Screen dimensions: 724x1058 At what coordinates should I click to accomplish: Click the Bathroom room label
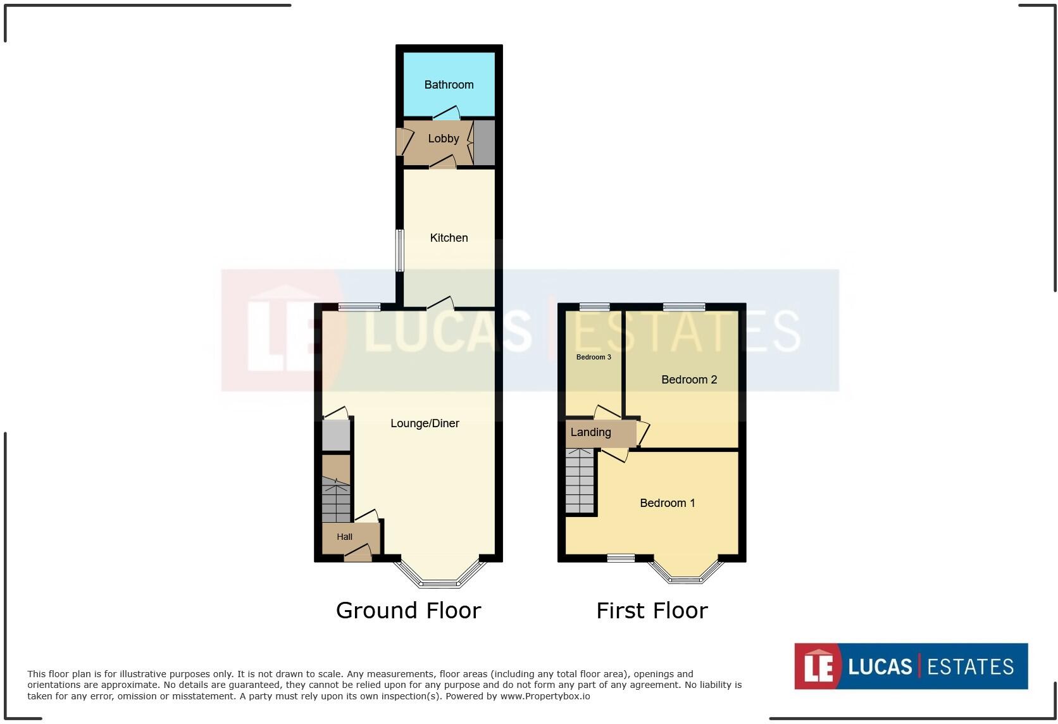[449, 85]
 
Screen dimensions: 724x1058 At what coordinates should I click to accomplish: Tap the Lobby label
[443, 139]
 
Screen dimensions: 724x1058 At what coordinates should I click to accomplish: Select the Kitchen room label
[449, 238]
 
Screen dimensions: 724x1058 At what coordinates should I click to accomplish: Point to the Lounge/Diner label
[425, 423]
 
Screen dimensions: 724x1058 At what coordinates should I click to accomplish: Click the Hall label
[344, 537]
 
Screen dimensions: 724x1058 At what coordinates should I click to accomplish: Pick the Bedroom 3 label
[594, 357]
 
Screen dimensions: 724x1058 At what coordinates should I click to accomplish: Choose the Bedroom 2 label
[688, 380]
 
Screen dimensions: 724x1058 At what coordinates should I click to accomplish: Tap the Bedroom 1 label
[667, 503]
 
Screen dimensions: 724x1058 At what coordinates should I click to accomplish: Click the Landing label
[590, 432]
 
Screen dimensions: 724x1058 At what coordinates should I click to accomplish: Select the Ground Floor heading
[408, 611]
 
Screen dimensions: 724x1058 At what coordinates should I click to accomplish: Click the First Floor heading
[652, 611]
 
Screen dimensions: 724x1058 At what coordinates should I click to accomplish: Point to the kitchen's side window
[400, 250]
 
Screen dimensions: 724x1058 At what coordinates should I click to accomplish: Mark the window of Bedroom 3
[594, 308]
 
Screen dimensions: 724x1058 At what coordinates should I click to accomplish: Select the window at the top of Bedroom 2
[683, 308]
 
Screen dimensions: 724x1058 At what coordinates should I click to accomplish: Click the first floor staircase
[580, 481]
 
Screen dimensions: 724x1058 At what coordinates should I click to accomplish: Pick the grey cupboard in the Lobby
[484, 142]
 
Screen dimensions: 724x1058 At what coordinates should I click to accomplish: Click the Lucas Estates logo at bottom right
[911, 666]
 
